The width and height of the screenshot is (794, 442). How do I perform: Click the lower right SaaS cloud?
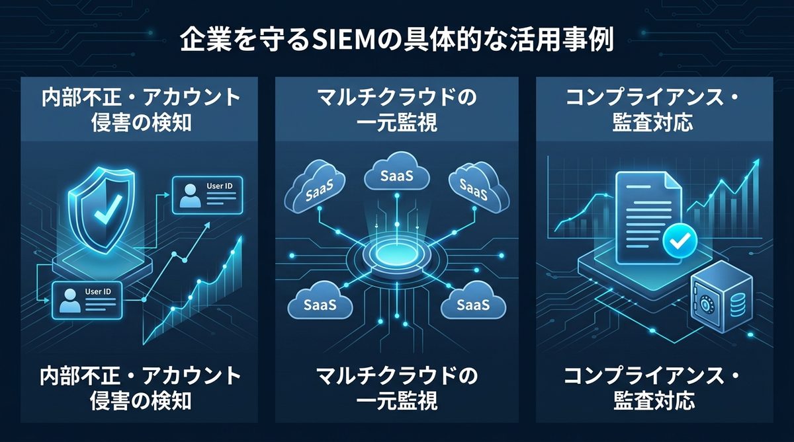[474, 303]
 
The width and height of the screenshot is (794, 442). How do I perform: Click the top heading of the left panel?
[140, 110]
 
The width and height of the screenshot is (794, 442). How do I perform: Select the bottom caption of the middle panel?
[397, 388]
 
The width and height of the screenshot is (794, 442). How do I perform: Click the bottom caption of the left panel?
[140, 388]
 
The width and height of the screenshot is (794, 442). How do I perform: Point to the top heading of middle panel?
[397, 110]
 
